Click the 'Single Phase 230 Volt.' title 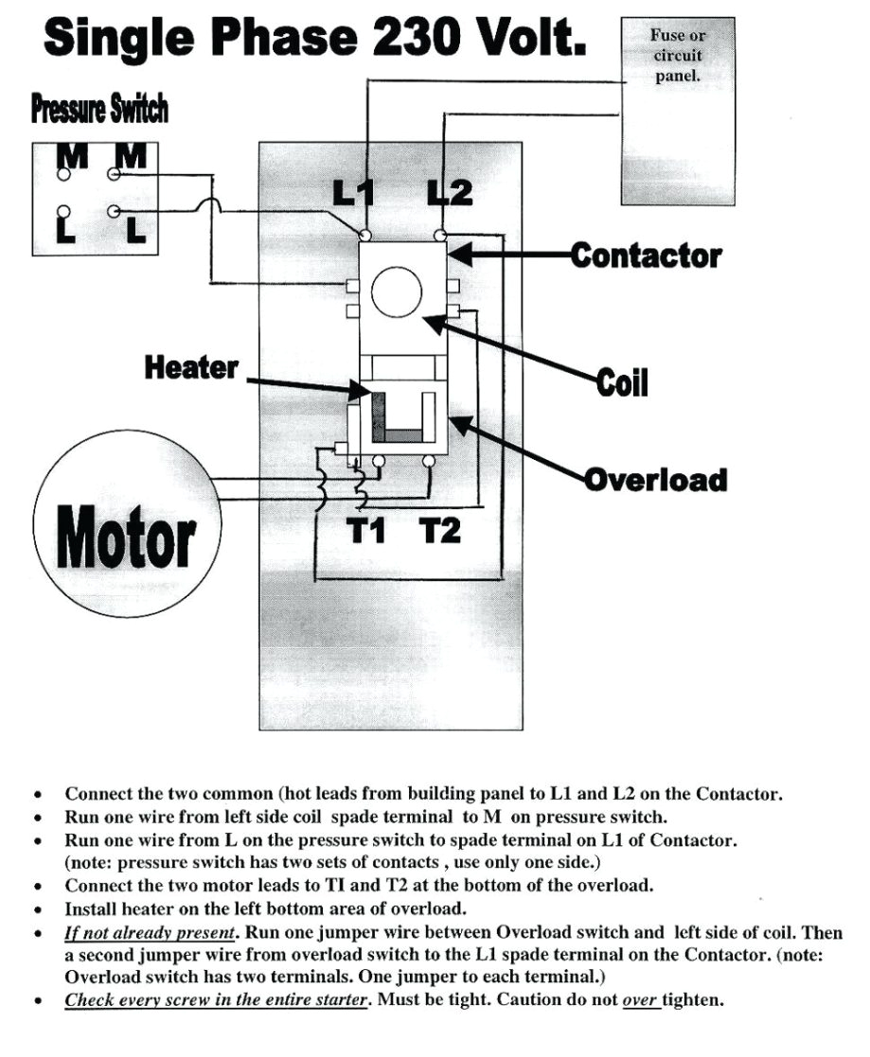[x=314, y=39]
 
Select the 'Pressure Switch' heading [x=99, y=110]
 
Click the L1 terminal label [x=354, y=194]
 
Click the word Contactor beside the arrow [x=646, y=255]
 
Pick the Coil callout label [x=622, y=383]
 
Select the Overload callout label [x=656, y=479]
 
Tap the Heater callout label [x=191, y=367]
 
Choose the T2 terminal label [x=439, y=532]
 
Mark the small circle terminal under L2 [x=439, y=233]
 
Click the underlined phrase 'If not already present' [x=150, y=932]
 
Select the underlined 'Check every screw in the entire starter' [x=215, y=999]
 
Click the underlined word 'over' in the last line [x=640, y=999]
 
